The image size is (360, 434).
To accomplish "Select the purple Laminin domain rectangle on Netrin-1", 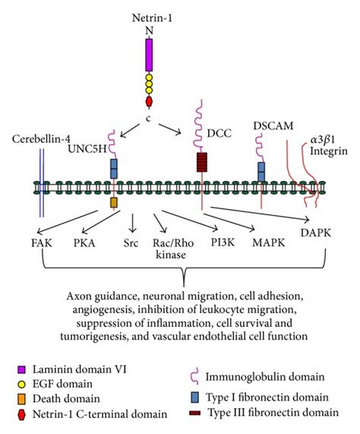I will click(x=149, y=55).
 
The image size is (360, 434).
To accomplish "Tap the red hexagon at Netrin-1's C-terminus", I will click(x=149, y=100).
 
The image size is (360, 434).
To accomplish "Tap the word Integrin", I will click(x=329, y=151).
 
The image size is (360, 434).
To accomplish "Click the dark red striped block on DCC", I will click(x=201, y=163).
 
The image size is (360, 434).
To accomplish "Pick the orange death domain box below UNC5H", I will click(x=113, y=203).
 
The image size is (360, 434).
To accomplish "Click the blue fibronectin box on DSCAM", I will click(x=261, y=171).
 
